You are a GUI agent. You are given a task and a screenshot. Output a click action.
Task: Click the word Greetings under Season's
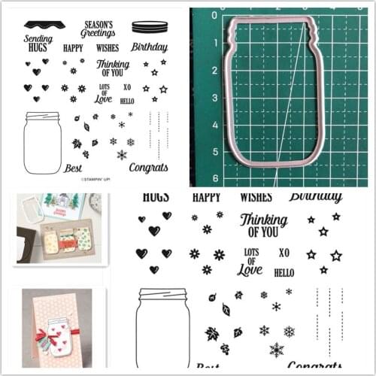(99, 33)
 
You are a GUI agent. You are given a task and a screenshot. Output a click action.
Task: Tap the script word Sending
(38, 38)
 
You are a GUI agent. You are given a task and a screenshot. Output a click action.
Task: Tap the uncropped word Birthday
(150, 47)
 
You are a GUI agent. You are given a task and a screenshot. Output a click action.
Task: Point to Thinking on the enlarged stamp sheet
(263, 220)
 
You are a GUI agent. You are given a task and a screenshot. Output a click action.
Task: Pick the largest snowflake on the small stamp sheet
(122, 155)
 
